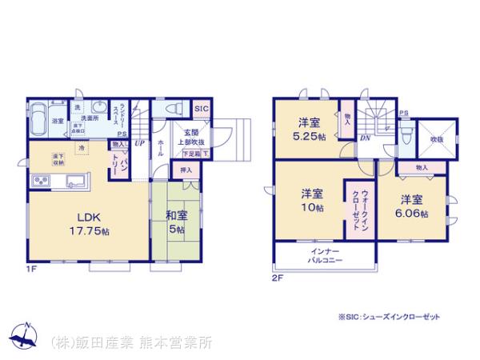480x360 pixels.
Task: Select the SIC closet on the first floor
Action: [x=202, y=108]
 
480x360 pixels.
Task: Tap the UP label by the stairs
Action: [x=139, y=144]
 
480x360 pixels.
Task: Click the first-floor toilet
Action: [x=171, y=110]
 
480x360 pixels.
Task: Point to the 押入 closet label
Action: [x=185, y=170]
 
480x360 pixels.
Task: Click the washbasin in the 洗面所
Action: [x=100, y=111]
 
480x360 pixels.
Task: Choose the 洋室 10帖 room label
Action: [x=312, y=201]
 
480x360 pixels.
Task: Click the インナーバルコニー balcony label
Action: [x=324, y=258]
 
